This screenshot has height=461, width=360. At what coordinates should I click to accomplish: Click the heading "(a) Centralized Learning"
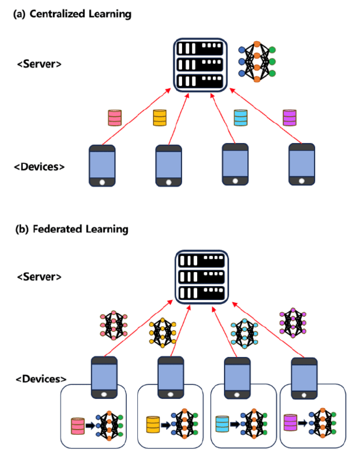click(72, 13)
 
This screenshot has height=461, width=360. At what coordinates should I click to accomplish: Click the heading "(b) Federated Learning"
click(72, 229)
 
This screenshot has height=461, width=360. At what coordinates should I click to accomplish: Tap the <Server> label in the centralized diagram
click(38, 64)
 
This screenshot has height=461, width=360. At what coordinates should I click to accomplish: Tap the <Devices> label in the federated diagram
click(38, 379)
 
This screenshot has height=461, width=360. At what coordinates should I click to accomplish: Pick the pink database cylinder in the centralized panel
click(115, 117)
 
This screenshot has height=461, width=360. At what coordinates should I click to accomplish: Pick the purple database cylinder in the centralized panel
click(289, 117)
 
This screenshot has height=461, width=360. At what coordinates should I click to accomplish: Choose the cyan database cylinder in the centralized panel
click(240, 117)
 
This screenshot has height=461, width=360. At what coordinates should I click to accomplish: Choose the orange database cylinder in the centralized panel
click(160, 118)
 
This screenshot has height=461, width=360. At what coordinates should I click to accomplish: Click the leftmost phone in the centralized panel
click(102, 165)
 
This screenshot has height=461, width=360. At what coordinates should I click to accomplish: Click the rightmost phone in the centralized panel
click(302, 165)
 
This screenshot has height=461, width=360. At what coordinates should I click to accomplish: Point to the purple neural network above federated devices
click(293, 323)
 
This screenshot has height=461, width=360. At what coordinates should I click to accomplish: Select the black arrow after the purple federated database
click(304, 423)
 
